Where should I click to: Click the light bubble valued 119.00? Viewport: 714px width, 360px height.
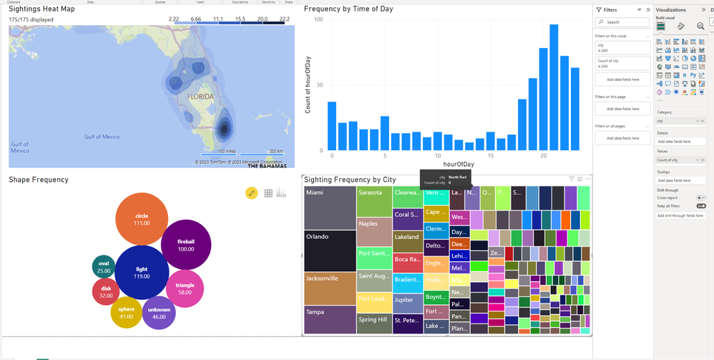tap(142, 273)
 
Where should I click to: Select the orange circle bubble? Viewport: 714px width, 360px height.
tap(142, 219)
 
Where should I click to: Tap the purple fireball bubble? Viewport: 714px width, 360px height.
tap(186, 245)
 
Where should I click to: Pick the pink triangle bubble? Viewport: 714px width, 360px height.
tap(185, 288)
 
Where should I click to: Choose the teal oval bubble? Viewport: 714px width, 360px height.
tap(104, 267)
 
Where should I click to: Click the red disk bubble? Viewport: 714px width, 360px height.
tap(106, 291)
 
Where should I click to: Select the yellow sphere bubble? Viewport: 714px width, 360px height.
tap(126, 312)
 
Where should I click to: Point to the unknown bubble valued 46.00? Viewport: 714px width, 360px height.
tap(159, 313)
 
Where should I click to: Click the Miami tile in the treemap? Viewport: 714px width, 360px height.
tap(330, 208)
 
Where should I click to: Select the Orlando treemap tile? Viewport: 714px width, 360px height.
tap(330, 250)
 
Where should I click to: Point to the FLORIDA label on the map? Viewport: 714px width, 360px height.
tap(200, 96)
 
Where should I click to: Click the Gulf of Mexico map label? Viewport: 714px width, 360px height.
tap(102, 137)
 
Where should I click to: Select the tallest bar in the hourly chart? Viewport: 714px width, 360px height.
tap(554, 87)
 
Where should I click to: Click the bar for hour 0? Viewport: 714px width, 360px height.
tap(332, 126)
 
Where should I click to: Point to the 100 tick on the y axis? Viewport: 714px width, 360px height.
tap(318, 19)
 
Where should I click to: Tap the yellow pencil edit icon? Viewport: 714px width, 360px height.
tap(251, 193)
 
